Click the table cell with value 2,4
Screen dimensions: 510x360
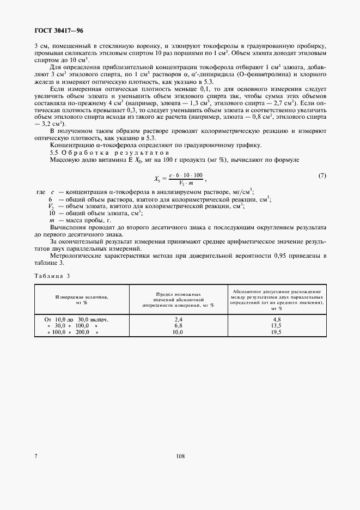[178, 319]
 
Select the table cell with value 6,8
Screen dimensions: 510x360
[178, 325]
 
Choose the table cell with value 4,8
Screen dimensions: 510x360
[276, 319]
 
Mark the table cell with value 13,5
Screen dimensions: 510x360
[276, 325]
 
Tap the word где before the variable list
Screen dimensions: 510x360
[40, 192]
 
